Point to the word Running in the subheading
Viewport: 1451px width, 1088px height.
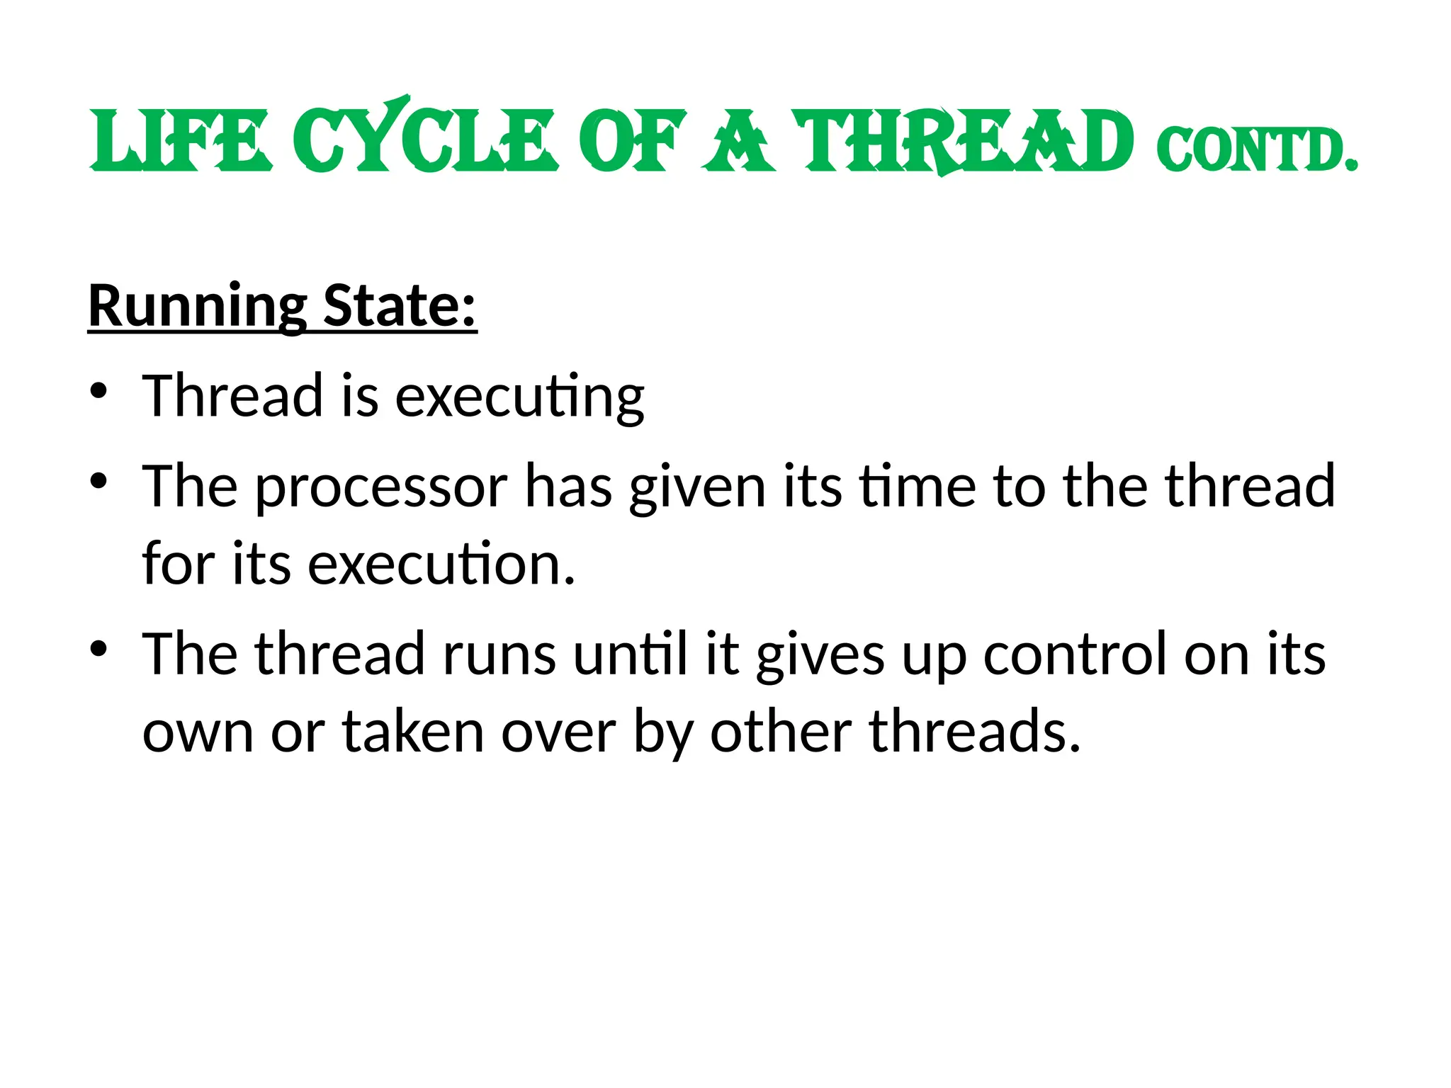coord(198,307)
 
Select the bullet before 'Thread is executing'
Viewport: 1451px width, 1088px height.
coord(99,391)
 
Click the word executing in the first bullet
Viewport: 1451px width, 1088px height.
coord(519,397)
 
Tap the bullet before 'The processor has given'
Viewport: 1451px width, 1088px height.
coord(99,481)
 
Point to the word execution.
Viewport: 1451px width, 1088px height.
coord(441,565)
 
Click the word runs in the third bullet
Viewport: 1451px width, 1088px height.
coord(499,654)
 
